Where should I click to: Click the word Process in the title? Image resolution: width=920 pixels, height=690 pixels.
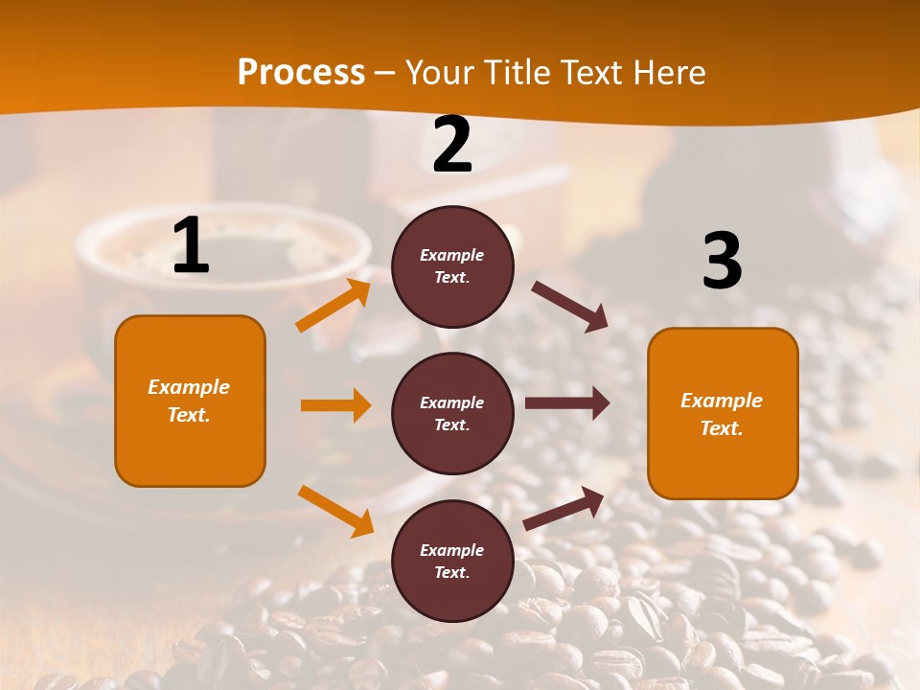click(x=301, y=73)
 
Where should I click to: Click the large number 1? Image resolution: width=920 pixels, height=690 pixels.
click(x=191, y=246)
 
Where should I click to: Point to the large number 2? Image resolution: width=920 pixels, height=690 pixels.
click(x=452, y=146)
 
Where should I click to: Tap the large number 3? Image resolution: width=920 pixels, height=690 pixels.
click(x=722, y=262)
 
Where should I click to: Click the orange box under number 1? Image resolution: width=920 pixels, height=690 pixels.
click(x=190, y=401)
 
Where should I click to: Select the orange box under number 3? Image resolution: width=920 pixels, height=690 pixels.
click(x=723, y=413)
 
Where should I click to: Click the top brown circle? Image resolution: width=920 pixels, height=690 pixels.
click(x=452, y=266)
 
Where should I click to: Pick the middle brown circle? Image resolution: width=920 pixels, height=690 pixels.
click(x=452, y=413)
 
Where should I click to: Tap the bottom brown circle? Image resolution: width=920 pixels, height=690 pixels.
click(x=452, y=561)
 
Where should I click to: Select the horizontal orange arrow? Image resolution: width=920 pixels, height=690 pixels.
click(x=335, y=405)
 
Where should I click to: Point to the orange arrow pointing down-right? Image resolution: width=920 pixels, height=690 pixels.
click(x=335, y=511)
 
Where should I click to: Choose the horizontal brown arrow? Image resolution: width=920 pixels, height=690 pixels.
click(x=567, y=403)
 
